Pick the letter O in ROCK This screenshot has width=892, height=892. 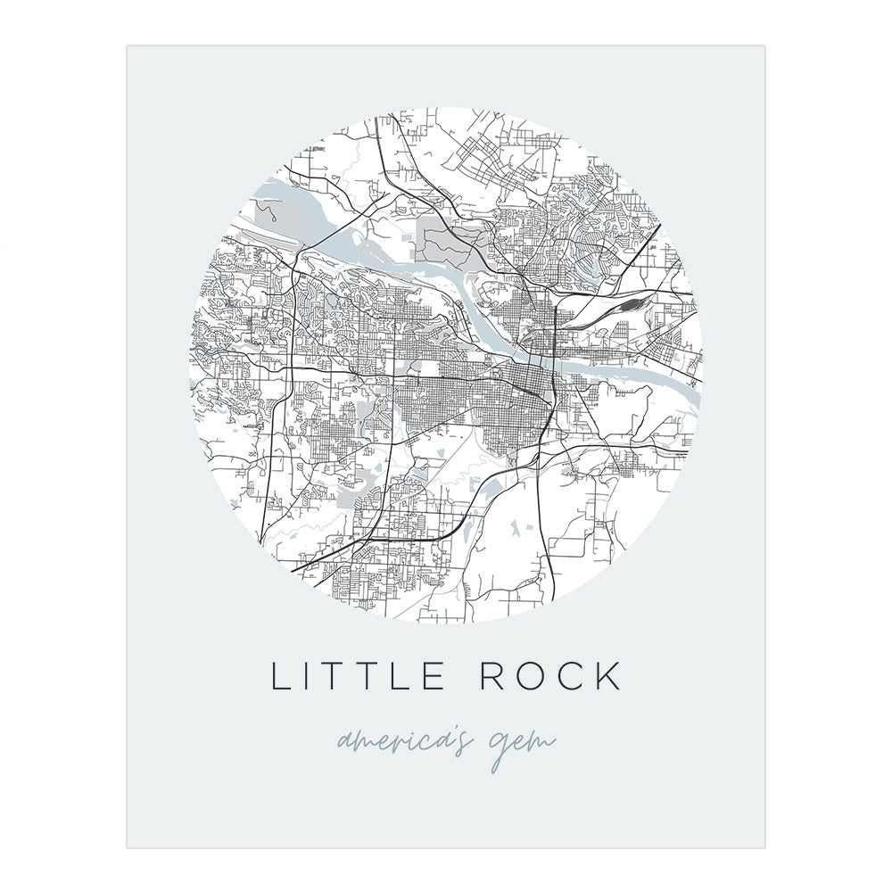[x=532, y=675]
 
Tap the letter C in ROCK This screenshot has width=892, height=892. [x=571, y=675]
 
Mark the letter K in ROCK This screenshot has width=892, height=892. [x=607, y=675]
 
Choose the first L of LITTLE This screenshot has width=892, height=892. [x=279, y=675]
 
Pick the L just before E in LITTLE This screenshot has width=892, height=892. [x=404, y=675]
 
